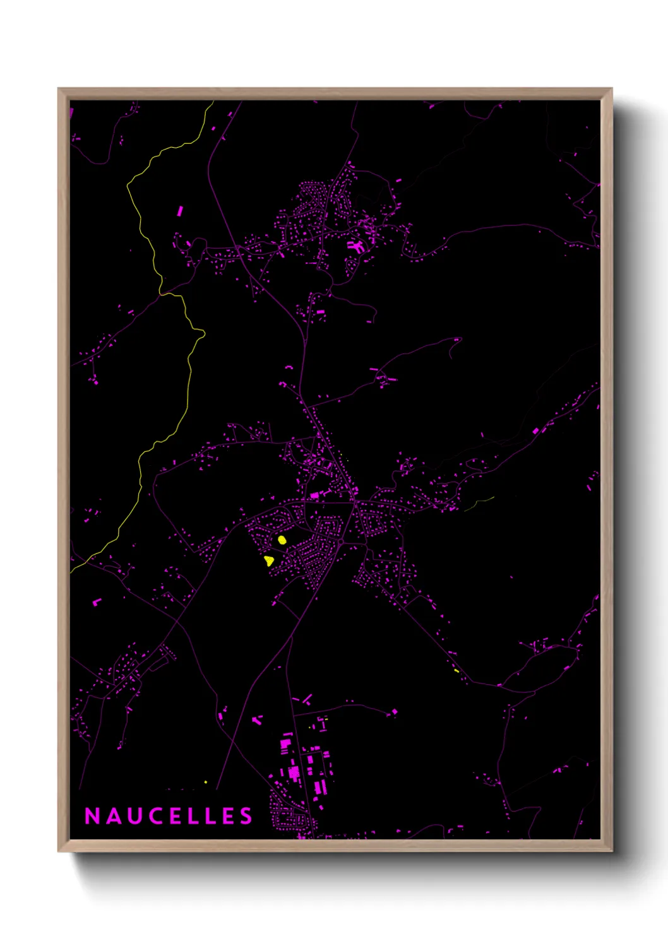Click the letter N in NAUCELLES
[92, 816]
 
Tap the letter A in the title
[114, 816]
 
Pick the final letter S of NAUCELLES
[246, 816]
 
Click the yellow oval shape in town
[282, 540]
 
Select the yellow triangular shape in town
[269, 560]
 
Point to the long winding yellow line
[189, 379]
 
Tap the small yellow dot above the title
[205, 782]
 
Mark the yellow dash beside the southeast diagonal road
[456, 670]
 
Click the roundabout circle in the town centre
[340, 542]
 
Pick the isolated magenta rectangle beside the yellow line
[180, 211]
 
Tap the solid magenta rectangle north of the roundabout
[315, 495]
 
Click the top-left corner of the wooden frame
[59, 89]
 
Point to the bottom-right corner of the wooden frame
[611, 851]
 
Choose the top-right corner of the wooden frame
[611, 89]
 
